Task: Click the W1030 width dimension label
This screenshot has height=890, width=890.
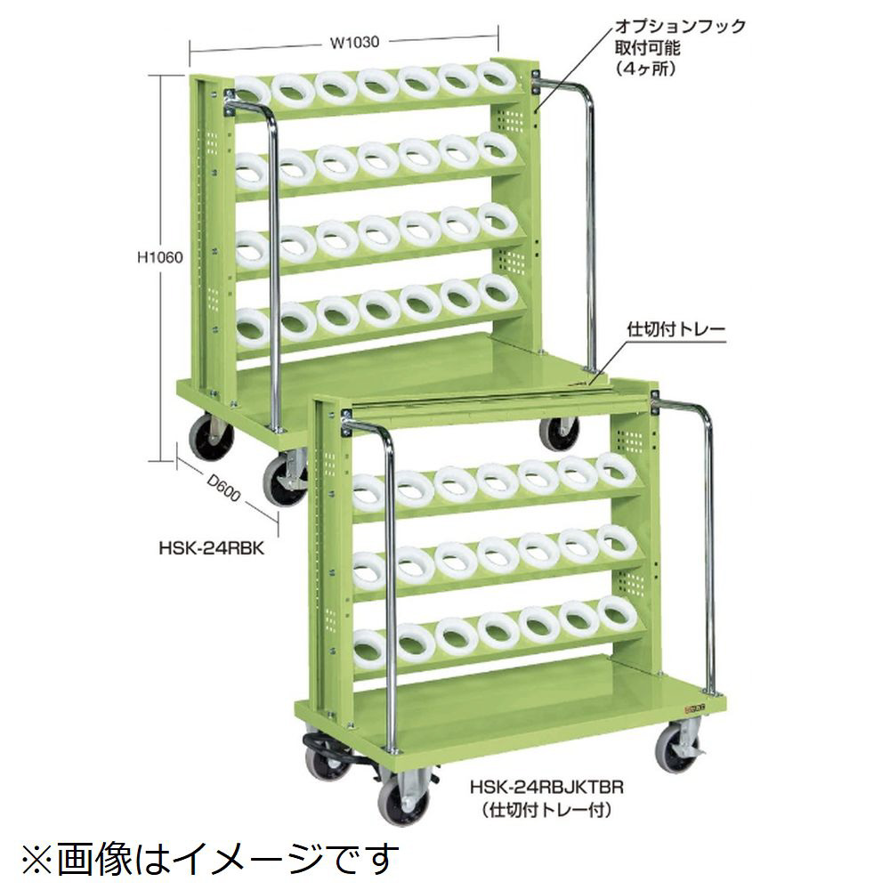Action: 354,43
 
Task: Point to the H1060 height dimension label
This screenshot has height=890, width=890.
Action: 160,257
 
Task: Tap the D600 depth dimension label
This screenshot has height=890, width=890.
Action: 223,488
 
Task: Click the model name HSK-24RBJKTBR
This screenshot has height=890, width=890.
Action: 547,788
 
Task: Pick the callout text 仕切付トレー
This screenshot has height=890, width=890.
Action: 676,329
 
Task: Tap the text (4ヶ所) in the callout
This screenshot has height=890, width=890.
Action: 645,69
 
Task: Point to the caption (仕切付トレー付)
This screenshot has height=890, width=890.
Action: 547,810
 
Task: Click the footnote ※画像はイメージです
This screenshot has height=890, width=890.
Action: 210,859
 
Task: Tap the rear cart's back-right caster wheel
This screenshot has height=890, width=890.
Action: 559,434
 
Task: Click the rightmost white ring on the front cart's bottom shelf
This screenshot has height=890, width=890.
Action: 617,615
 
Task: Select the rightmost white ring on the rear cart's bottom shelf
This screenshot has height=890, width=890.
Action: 498,292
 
